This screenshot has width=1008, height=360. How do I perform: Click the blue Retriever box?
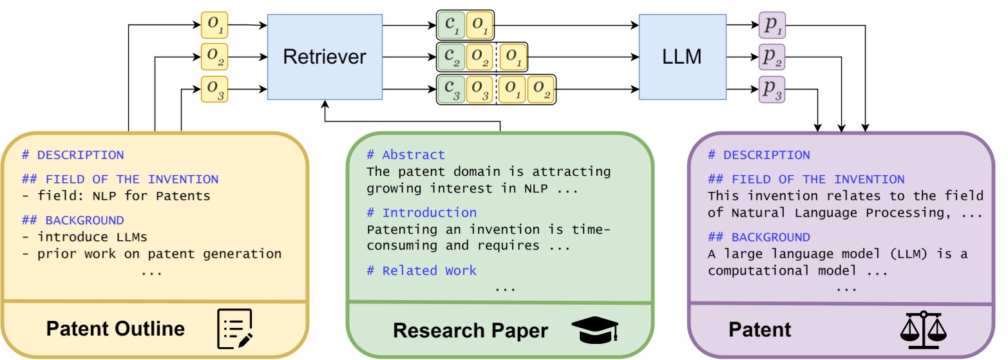[325, 57]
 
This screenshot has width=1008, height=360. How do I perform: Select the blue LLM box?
[682, 57]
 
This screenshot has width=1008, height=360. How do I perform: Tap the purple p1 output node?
[772, 25]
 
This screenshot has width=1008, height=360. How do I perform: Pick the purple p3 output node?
[772, 91]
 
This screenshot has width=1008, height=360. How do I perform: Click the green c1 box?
[450, 25]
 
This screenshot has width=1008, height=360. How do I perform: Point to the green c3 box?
[450, 90]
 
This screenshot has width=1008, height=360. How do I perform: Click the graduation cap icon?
[594, 330]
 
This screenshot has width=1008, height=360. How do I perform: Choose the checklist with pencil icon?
[234, 329]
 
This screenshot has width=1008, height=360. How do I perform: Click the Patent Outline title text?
[115, 329]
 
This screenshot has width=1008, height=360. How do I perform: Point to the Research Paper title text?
[470, 331]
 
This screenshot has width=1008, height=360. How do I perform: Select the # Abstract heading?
[405, 155]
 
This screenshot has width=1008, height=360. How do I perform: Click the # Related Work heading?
[421, 270]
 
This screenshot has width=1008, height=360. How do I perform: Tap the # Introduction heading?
[421, 213]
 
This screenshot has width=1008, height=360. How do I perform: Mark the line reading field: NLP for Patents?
[116, 196]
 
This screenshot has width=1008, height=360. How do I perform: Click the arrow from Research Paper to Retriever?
[412, 120]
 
